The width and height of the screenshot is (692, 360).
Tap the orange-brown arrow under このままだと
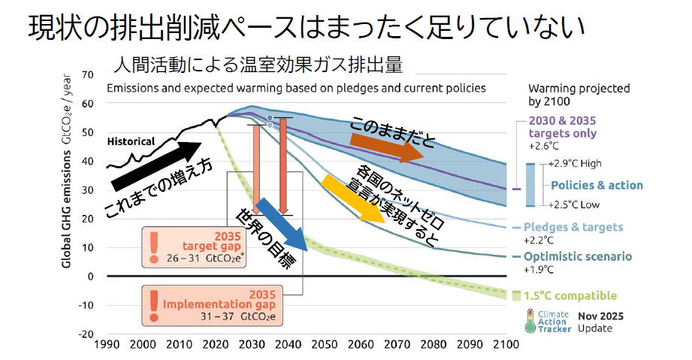click(387, 147)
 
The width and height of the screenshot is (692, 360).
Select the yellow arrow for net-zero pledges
click(353, 198)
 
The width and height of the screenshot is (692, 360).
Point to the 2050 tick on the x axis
click(325, 344)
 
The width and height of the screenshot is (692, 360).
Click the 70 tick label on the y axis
click(88, 74)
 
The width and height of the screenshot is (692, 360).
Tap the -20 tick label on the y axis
click(86, 334)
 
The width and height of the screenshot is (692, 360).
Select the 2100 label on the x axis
click(506, 344)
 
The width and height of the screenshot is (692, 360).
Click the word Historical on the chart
click(131, 141)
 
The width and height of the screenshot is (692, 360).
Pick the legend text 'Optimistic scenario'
click(578, 256)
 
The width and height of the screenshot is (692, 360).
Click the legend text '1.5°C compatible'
click(570, 295)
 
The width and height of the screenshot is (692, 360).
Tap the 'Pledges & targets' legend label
click(573, 227)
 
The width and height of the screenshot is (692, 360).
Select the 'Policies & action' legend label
click(597, 185)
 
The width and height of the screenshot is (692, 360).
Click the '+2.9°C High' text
click(575, 163)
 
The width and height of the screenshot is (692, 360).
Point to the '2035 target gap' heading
click(213, 241)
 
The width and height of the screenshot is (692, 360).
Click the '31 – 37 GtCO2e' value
click(238, 316)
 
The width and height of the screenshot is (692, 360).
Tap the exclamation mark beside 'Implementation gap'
click(153, 306)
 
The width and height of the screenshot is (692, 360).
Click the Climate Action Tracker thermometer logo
click(530, 321)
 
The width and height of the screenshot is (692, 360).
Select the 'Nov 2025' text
click(600, 316)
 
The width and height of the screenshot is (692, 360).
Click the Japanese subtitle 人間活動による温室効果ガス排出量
click(258, 65)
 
